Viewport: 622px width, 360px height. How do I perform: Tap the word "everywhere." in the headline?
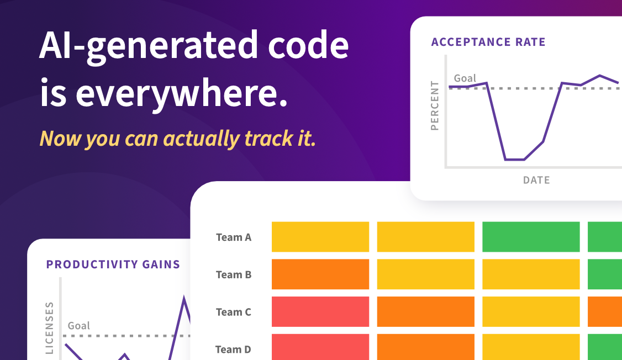click(181, 94)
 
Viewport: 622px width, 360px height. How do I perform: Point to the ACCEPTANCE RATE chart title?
click(488, 42)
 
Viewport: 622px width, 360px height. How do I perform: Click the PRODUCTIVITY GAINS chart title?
click(113, 264)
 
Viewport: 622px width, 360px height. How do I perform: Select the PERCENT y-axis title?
click(435, 106)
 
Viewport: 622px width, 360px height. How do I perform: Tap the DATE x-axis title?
click(536, 181)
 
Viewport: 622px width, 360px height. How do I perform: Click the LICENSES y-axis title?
click(50, 328)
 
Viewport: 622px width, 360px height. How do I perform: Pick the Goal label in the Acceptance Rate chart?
click(465, 78)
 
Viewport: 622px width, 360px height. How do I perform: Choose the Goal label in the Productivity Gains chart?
click(78, 326)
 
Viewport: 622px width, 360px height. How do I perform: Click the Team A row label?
click(234, 237)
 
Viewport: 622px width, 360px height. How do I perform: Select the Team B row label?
click(234, 274)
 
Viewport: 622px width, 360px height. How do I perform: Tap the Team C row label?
click(234, 312)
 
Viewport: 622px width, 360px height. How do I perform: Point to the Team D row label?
click(233, 350)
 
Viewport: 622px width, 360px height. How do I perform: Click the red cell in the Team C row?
click(320, 311)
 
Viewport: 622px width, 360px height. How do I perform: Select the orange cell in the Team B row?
click(320, 274)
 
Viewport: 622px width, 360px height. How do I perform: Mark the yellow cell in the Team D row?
click(531, 347)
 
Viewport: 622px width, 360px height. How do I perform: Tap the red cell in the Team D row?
click(320, 347)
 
